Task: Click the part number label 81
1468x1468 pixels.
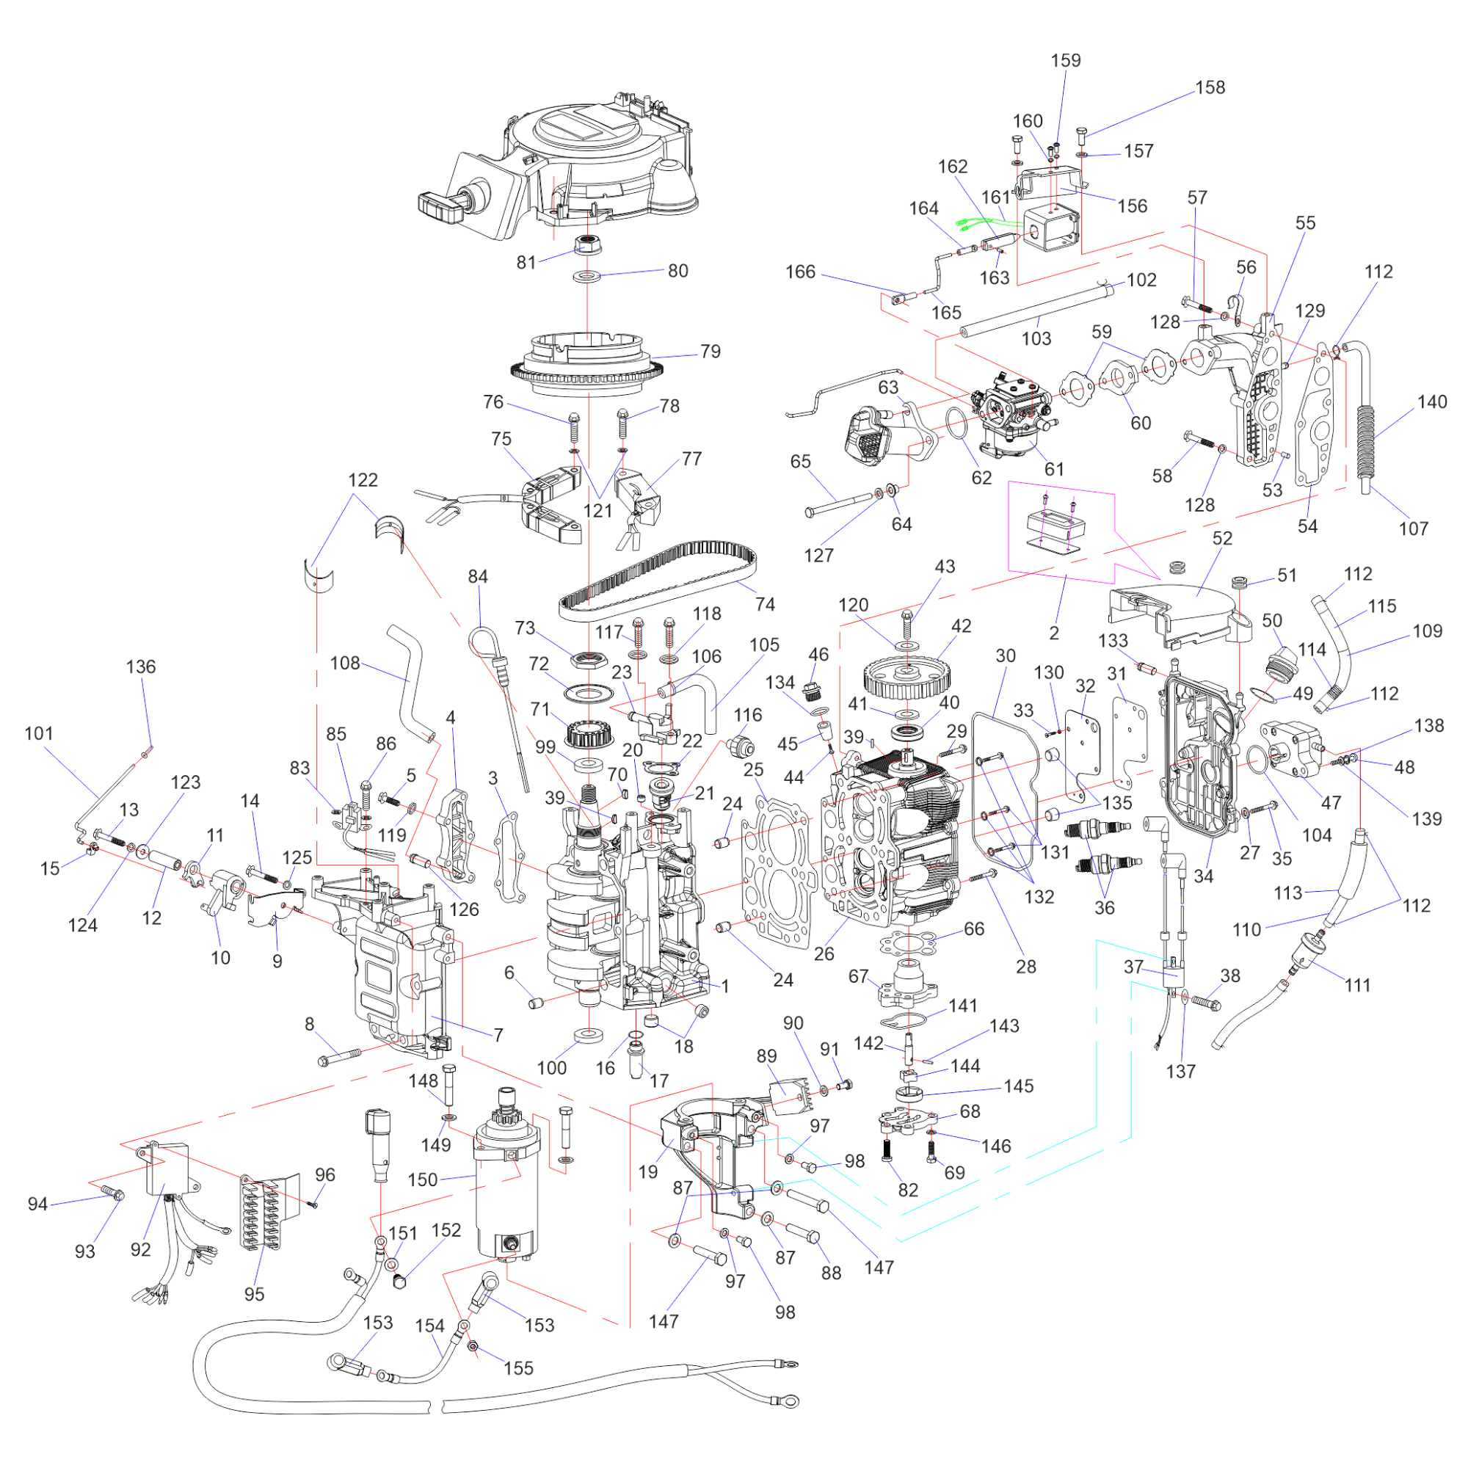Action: point(526,262)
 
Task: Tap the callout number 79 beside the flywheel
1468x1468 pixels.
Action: point(710,351)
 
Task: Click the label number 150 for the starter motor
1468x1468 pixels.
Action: point(423,1180)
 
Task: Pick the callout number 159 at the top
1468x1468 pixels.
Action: point(1065,61)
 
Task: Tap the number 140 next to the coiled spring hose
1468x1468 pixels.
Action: point(1431,402)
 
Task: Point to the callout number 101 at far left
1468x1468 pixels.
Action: point(39,733)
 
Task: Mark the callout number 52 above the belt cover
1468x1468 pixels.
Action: point(1222,538)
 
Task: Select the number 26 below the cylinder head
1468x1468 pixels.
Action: point(824,953)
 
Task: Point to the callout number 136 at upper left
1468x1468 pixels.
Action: point(141,666)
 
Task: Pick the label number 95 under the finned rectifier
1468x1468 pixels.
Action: point(254,1294)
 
